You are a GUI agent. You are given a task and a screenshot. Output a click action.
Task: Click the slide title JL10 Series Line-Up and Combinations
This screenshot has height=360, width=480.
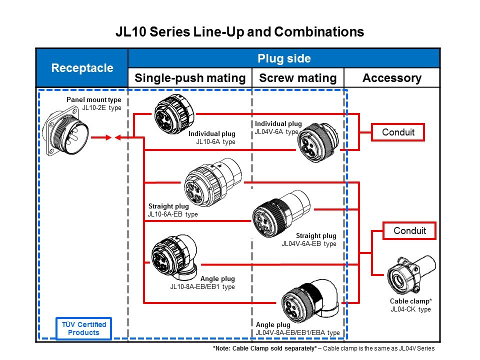click(239, 32)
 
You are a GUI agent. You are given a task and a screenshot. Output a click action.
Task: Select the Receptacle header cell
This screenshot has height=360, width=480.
click(82, 68)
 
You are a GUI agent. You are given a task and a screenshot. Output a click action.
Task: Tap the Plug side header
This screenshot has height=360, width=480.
click(284, 58)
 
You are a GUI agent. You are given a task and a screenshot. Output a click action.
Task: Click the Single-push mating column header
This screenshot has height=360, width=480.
click(190, 78)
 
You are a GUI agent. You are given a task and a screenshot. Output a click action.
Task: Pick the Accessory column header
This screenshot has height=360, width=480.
click(391, 78)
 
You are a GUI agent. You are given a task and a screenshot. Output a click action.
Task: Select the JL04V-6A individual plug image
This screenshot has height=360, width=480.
click(316, 143)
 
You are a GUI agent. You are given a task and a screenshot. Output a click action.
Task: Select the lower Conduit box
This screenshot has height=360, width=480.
click(409, 231)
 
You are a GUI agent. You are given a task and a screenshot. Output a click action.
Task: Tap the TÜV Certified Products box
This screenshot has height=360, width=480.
click(84, 328)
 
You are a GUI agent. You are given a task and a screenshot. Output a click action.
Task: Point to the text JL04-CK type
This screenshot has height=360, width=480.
click(410, 309)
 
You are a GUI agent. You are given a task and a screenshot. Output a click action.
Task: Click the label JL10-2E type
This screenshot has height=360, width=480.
click(101, 107)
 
